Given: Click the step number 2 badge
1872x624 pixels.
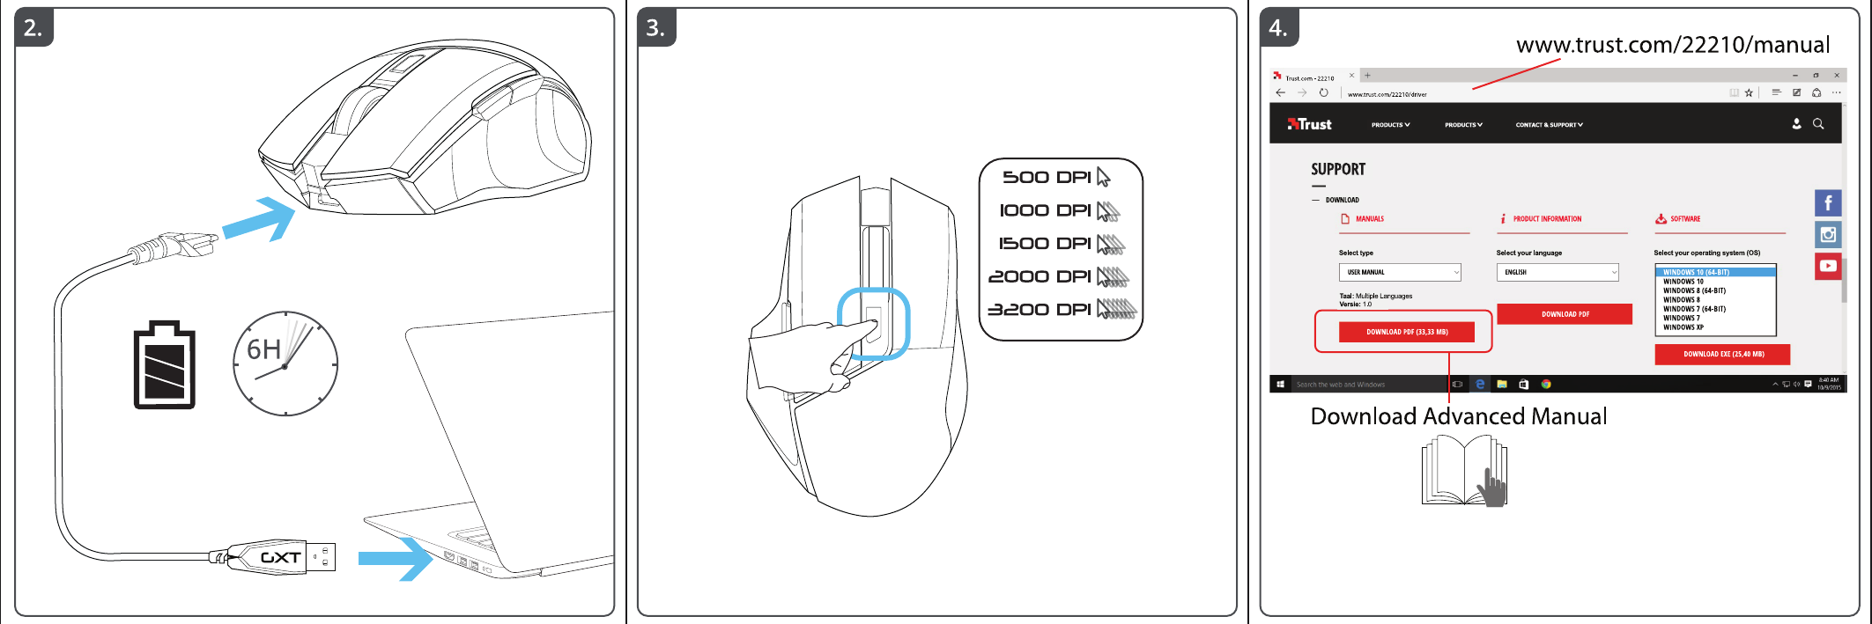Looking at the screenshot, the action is (x=33, y=28).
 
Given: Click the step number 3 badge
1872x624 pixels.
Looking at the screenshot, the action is (x=655, y=28).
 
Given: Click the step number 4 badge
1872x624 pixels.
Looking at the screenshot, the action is (x=1278, y=28).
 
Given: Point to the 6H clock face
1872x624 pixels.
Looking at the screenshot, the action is (x=285, y=363).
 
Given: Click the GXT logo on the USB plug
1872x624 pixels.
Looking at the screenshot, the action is (x=281, y=558).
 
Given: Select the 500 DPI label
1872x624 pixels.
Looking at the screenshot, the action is (x=1047, y=178).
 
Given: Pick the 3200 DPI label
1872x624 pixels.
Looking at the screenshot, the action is (x=1040, y=310).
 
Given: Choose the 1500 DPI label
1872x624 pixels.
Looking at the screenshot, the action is (x=1045, y=244).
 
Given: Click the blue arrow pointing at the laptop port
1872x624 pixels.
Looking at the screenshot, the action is (x=396, y=558).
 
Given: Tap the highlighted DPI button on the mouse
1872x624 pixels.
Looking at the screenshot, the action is (x=873, y=324).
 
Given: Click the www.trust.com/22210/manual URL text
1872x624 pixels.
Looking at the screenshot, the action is (x=1672, y=45).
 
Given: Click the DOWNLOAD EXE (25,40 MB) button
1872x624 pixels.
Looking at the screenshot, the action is (x=1722, y=354).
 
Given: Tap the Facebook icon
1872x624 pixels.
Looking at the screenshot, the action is (x=1828, y=203).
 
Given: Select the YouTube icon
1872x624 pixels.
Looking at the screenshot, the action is (x=1828, y=266).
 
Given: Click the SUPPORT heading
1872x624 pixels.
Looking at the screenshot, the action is (x=1338, y=169).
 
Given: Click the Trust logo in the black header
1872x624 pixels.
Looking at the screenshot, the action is (x=1310, y=124).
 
